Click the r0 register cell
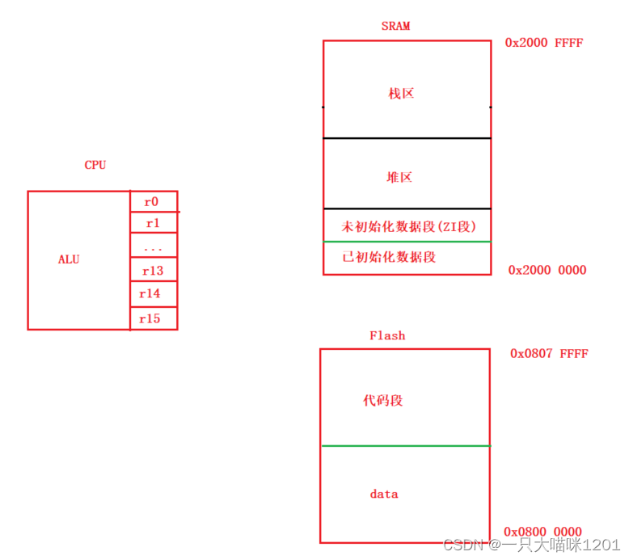point(153,202)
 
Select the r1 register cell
point(153,223)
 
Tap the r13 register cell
point(153,271)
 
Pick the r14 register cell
point(153,294)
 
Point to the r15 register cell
point(153,318)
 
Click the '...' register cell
point(153,246)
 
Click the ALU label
point(69,260)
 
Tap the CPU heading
point(95,165)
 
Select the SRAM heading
point(395,26)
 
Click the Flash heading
point(387,335)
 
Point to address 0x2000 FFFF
point(543,43)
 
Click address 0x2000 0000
point(546,270)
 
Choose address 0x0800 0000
point(542,532)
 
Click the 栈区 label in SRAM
point(401,94)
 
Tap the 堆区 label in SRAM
point(399,177)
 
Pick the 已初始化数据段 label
point(390,257)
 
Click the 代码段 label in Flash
point(383,401)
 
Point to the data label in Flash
point(384,494)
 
